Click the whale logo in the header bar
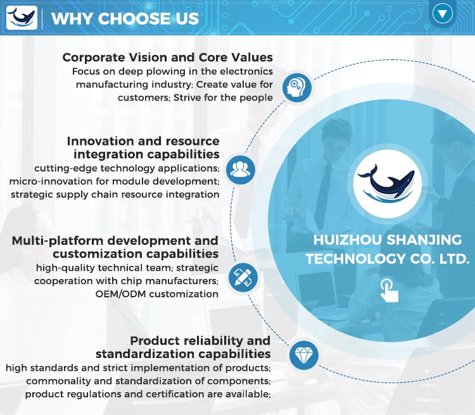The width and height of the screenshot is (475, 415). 22,18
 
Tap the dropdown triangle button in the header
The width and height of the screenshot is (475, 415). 442,14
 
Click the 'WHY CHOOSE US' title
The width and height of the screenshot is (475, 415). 125,18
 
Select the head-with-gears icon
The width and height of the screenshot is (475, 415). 297,87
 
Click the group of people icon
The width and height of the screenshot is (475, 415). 241,170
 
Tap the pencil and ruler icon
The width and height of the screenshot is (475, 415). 243,278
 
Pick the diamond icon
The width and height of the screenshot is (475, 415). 304,355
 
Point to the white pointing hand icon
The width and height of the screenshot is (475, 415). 389,290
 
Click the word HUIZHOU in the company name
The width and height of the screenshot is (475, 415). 348,240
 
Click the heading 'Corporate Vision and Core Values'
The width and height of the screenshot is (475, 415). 168,57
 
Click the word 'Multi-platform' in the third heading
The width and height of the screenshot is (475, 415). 58,241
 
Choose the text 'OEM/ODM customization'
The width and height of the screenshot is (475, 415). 157,294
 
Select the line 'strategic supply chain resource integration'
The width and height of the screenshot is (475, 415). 115,194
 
